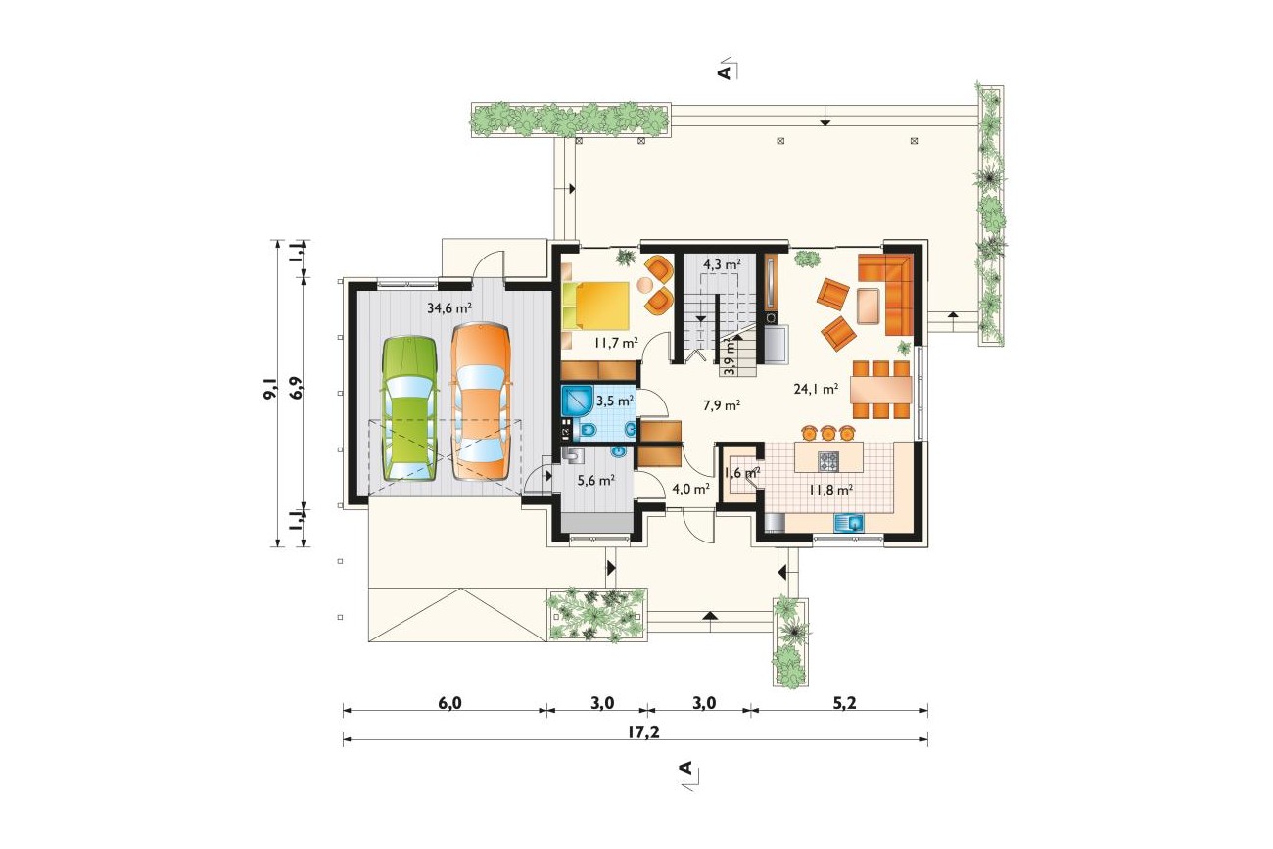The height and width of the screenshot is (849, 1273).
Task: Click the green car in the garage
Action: tap(408, 409)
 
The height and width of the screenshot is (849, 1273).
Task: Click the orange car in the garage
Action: tap(482, 401)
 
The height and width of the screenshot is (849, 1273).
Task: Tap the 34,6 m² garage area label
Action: tap(449, 308)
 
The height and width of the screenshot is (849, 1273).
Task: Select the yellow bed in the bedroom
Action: tap(597, 306)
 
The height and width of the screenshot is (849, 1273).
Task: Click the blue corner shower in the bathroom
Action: tap(578, 401)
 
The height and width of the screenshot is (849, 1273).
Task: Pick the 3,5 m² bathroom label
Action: tap(614, 401)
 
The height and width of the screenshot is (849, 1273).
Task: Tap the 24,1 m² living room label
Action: tap(816, 389)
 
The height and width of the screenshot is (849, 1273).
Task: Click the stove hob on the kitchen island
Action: tap(828, 461)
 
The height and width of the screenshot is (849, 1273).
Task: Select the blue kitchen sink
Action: tap(849, 523)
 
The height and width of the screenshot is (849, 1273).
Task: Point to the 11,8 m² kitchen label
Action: tap(829, 489)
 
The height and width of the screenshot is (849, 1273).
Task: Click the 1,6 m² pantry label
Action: tap(742, 473)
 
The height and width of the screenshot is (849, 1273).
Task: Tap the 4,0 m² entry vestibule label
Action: tap(690, 488)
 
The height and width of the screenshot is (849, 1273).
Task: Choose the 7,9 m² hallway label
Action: tap(721, 405)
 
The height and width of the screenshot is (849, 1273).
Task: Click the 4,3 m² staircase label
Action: tap(722, 264)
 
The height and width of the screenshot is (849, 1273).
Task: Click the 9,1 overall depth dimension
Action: tap(270, 390)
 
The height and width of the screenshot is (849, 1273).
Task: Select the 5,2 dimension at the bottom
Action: tap(844, 703)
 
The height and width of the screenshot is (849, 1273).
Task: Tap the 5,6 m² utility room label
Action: tap(596, 480)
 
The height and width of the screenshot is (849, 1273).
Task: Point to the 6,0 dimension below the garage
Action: tap(449, 703)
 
